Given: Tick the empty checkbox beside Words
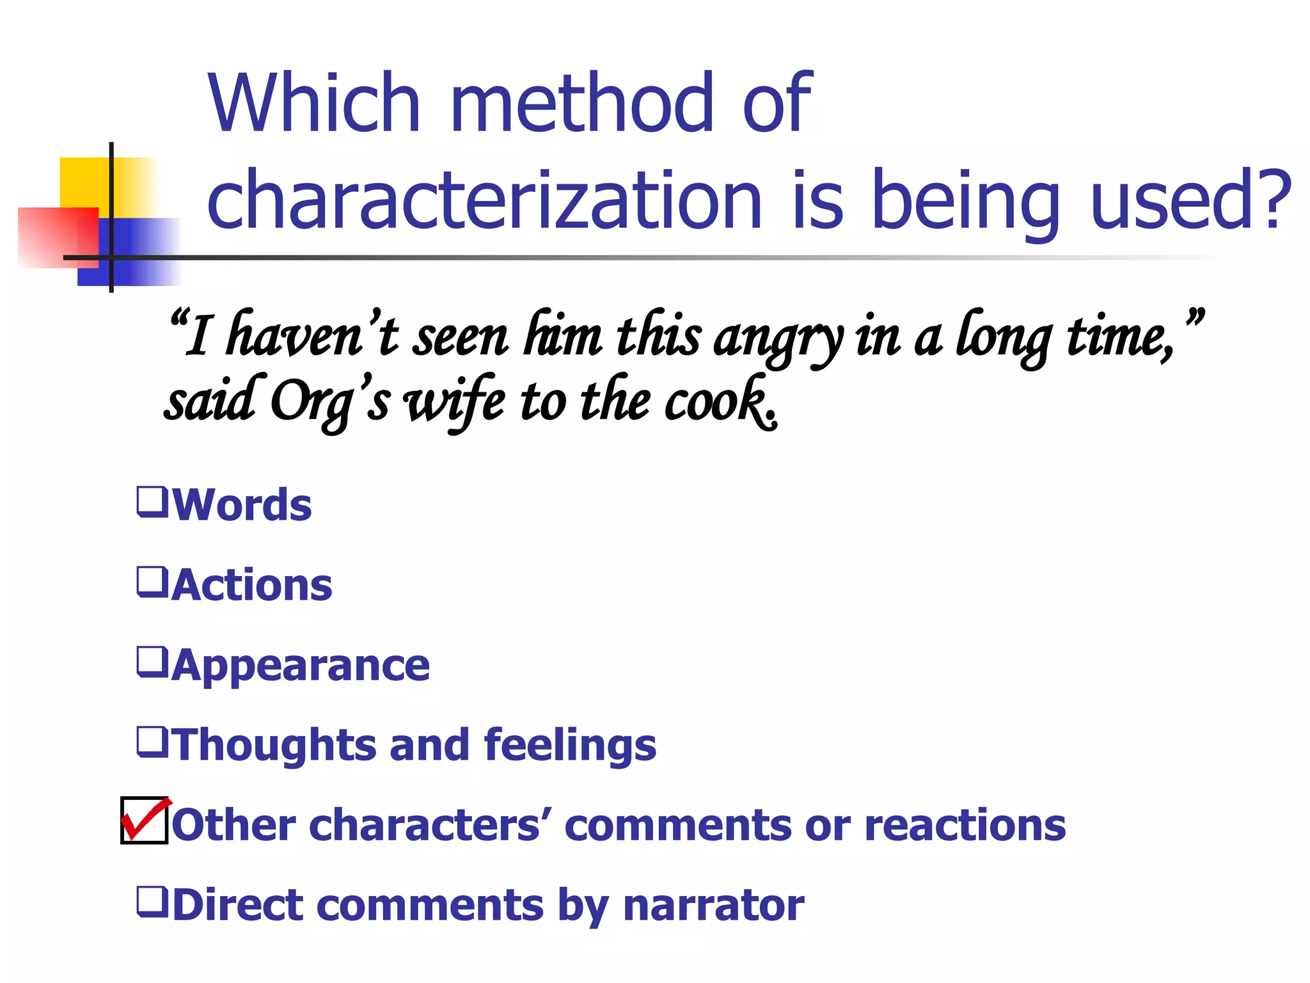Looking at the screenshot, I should point(152,502).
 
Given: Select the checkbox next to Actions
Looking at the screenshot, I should point(152,582).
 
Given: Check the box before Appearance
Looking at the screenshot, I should point(152,662).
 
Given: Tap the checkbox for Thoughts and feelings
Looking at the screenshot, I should point(152,742).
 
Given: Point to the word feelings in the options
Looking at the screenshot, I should point(570,746).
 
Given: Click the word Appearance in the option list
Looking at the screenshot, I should point(301,666).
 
